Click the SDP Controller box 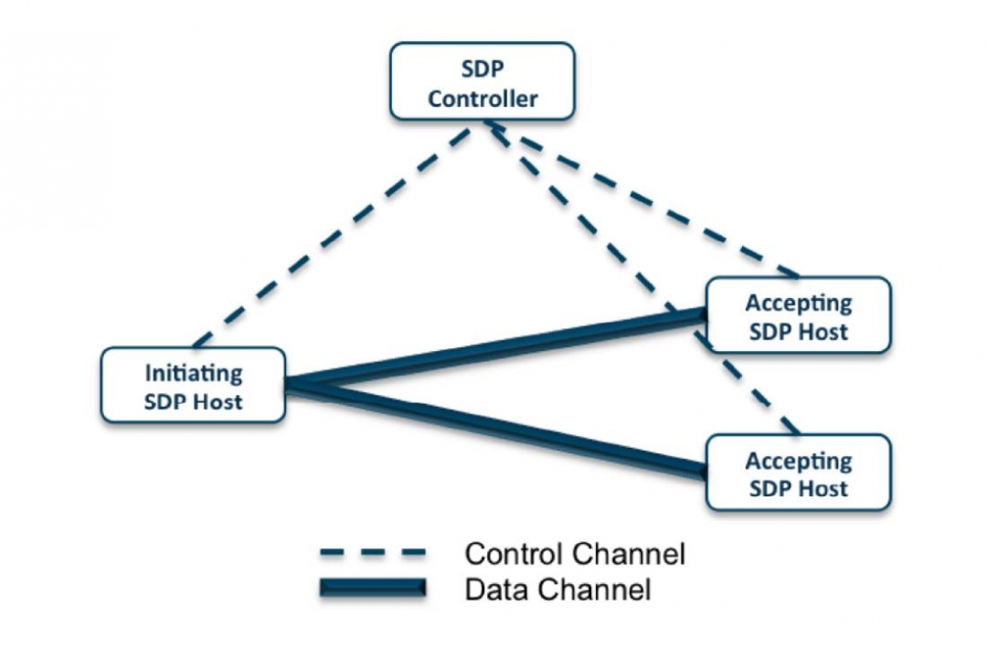(482, 84)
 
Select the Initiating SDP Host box (193, 386)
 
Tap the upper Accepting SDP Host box (799, 316)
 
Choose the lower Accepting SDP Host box (799, 473)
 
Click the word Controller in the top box (483, 99)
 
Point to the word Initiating (194, 373)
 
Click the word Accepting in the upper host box (799, 303)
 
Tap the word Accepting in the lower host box (799, 460)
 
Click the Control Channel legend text (575, 553)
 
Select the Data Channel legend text (557, 590)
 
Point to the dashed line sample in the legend (373, 552)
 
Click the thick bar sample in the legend (373, 589)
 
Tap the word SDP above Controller (483, 71)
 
